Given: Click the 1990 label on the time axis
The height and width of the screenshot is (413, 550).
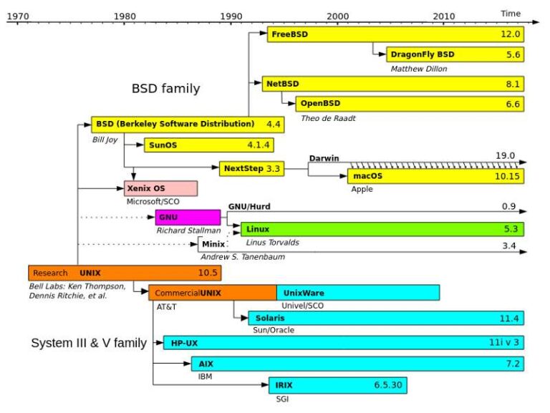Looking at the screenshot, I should click(231, 15).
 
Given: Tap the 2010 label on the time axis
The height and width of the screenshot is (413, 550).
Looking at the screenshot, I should click(444, 15).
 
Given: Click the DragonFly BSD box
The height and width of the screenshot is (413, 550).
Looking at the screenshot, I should click(455, 54).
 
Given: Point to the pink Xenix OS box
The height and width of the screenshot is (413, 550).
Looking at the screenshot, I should click(161, 188).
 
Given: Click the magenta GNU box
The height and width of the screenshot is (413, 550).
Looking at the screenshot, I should click(188, 218).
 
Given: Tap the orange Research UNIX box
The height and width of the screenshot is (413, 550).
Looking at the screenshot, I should click(125, 273).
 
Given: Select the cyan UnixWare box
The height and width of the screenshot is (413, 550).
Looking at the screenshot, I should click(357, 292).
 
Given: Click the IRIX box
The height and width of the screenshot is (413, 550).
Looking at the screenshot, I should click(338, 385).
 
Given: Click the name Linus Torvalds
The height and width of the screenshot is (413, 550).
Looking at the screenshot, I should click(273, 243).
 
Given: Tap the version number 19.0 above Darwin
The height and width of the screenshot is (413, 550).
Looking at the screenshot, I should click(505, 155).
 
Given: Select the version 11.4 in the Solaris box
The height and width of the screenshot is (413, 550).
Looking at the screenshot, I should click(509, 318).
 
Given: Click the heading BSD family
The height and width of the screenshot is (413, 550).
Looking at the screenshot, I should click(165, 89).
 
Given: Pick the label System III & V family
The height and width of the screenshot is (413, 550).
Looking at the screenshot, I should click(89, 343).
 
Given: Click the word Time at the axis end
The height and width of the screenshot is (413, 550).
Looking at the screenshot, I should click(510, 13).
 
